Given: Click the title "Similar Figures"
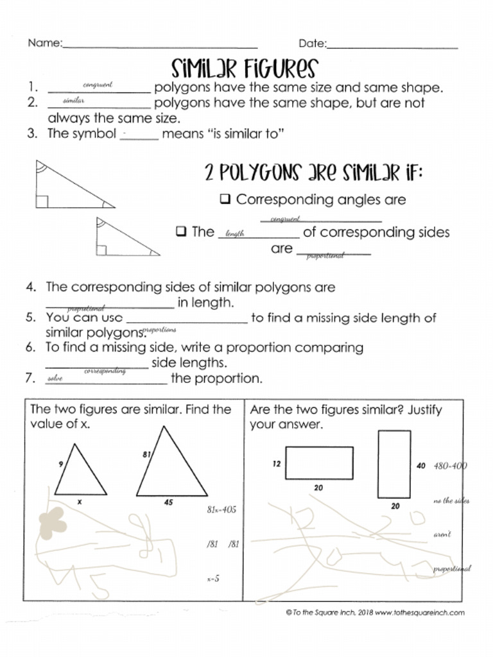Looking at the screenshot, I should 245,67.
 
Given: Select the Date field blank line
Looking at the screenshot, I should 392,47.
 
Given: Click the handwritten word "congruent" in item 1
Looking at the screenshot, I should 98,85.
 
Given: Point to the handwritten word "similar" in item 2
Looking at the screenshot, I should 73,101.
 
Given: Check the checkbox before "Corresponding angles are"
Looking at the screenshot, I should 225,199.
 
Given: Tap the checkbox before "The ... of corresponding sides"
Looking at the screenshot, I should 181,231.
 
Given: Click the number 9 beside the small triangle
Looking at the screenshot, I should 60,464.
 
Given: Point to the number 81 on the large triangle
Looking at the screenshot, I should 146,454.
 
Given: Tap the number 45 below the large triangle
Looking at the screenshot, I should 168,503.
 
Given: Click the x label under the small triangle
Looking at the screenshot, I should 80,502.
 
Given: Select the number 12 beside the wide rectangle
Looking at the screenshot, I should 276,464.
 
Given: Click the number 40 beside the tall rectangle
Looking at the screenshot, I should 421,465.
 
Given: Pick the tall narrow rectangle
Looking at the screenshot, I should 394,464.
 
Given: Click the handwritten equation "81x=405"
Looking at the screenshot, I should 221,509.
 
